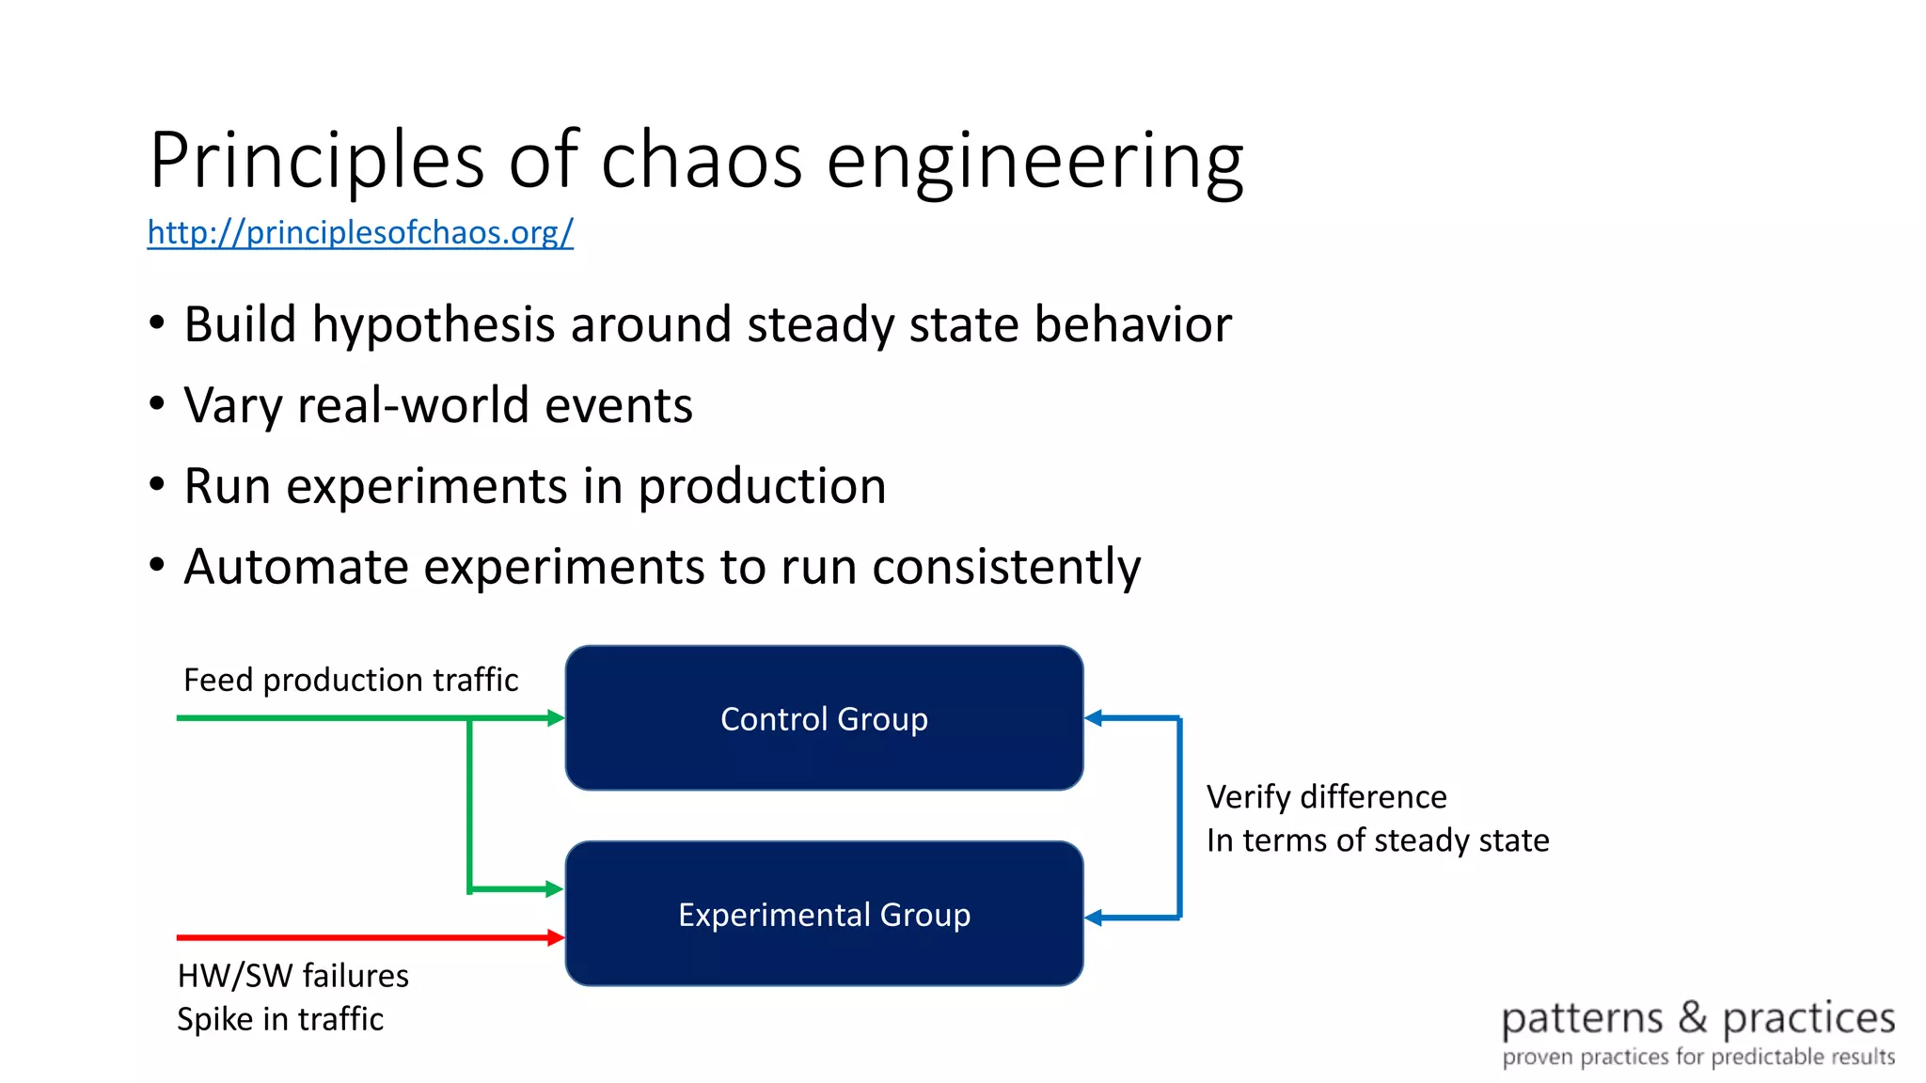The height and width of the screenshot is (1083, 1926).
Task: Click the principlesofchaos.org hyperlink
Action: [360, 232]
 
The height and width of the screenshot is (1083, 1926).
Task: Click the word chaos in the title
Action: [702, 161]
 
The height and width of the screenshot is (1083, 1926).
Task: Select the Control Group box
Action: [824, 718]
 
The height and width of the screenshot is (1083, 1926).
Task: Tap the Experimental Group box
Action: [824, 914]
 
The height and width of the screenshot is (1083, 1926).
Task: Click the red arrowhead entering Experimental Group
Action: [556, 937]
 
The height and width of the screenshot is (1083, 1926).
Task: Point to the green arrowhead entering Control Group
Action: [556, 718]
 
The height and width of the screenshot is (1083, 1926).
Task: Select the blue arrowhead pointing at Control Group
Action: [1094, 718]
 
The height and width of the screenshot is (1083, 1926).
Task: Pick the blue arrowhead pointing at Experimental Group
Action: [1094, 918]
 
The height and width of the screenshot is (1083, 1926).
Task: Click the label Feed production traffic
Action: [351, 680]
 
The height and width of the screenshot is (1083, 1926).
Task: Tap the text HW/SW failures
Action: [292, 976]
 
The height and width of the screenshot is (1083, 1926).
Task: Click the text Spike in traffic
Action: [280, 1019]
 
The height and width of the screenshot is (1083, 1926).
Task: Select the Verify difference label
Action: [1326, 797]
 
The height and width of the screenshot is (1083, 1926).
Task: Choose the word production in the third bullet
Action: [762, 487]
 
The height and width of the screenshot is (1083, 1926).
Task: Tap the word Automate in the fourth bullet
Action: [295, 567]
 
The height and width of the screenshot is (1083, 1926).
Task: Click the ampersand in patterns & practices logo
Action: [1693, 1017]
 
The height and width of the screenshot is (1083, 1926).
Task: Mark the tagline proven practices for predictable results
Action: [1698, 1057]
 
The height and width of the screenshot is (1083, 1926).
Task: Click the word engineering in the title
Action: [1034, 161]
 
